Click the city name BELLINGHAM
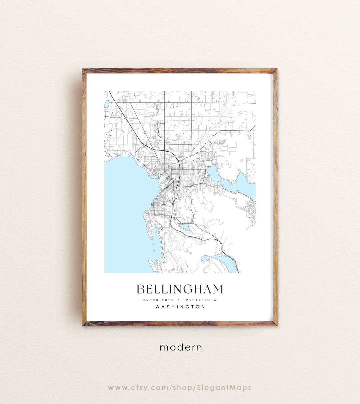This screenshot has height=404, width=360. (x=180, y=289)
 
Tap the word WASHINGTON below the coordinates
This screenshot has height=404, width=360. (x=180, y=307)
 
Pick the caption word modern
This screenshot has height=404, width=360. (x=181, y=347)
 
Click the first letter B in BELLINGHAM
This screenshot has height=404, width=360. (x=141, y=289)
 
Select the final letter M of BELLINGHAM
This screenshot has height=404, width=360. (x=217, y=289)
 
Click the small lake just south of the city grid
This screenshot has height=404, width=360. (x=184, y=227)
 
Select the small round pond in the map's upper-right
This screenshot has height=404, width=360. (x=249, y=136)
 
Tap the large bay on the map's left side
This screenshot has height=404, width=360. (x=123, y=207)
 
